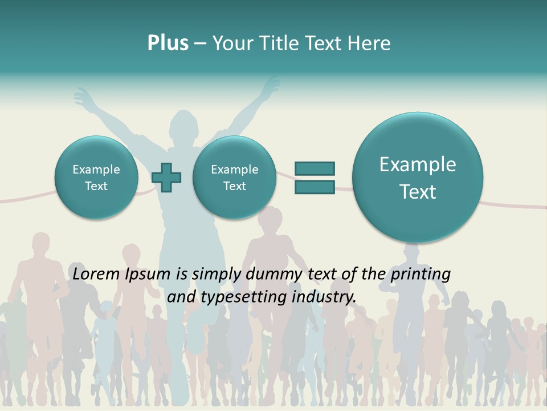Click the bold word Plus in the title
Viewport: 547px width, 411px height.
[168, 43]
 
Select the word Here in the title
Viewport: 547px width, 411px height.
[370, 43]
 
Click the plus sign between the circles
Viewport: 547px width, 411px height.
[166, 178]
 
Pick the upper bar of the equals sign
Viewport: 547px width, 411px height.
[315, 168]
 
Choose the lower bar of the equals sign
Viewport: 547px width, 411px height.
[315, 187]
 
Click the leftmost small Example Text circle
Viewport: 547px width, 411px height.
[96, 178]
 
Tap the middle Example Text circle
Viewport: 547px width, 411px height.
[234, 178]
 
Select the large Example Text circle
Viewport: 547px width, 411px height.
[418, 178]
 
